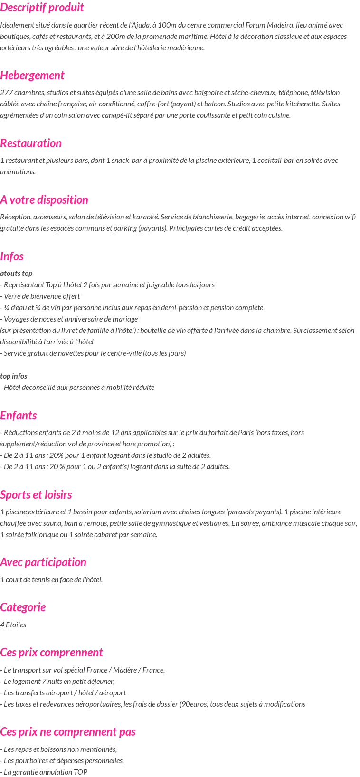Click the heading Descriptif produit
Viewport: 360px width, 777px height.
pyautogui.click(x=42, y=8)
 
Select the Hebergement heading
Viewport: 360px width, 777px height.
pyautogui.click(x=32, y=76)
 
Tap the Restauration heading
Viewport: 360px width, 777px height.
pyautogui.click(x=31, y=143)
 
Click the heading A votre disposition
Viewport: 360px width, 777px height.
pyautogui.click(x=44, y=200)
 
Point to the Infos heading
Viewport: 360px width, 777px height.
pyautogui.click(x=12, y=256)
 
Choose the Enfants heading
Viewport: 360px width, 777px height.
pyautogui.click(x=18, y=416)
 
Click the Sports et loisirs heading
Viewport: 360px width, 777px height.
pyautogui.click(x=36, y=495)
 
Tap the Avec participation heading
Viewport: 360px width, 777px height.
pyautogui.click(x=43, y=562)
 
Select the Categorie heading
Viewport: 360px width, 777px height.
pyautogui.click(x=23, y=607)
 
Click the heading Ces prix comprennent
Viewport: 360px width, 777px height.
pyautogui.click(x=51, y=653)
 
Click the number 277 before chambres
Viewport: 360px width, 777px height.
pyautogui.click(x=6, y=93)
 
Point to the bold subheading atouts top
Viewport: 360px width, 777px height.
pyautogui.click(x=16, y=274)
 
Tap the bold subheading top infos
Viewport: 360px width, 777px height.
pyautogui.click(x=14, y=376)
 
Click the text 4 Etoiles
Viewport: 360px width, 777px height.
pyautogui.click(x=13, y=625)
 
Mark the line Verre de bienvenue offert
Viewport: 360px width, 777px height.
pyautogui.click(x=42, y=296)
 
